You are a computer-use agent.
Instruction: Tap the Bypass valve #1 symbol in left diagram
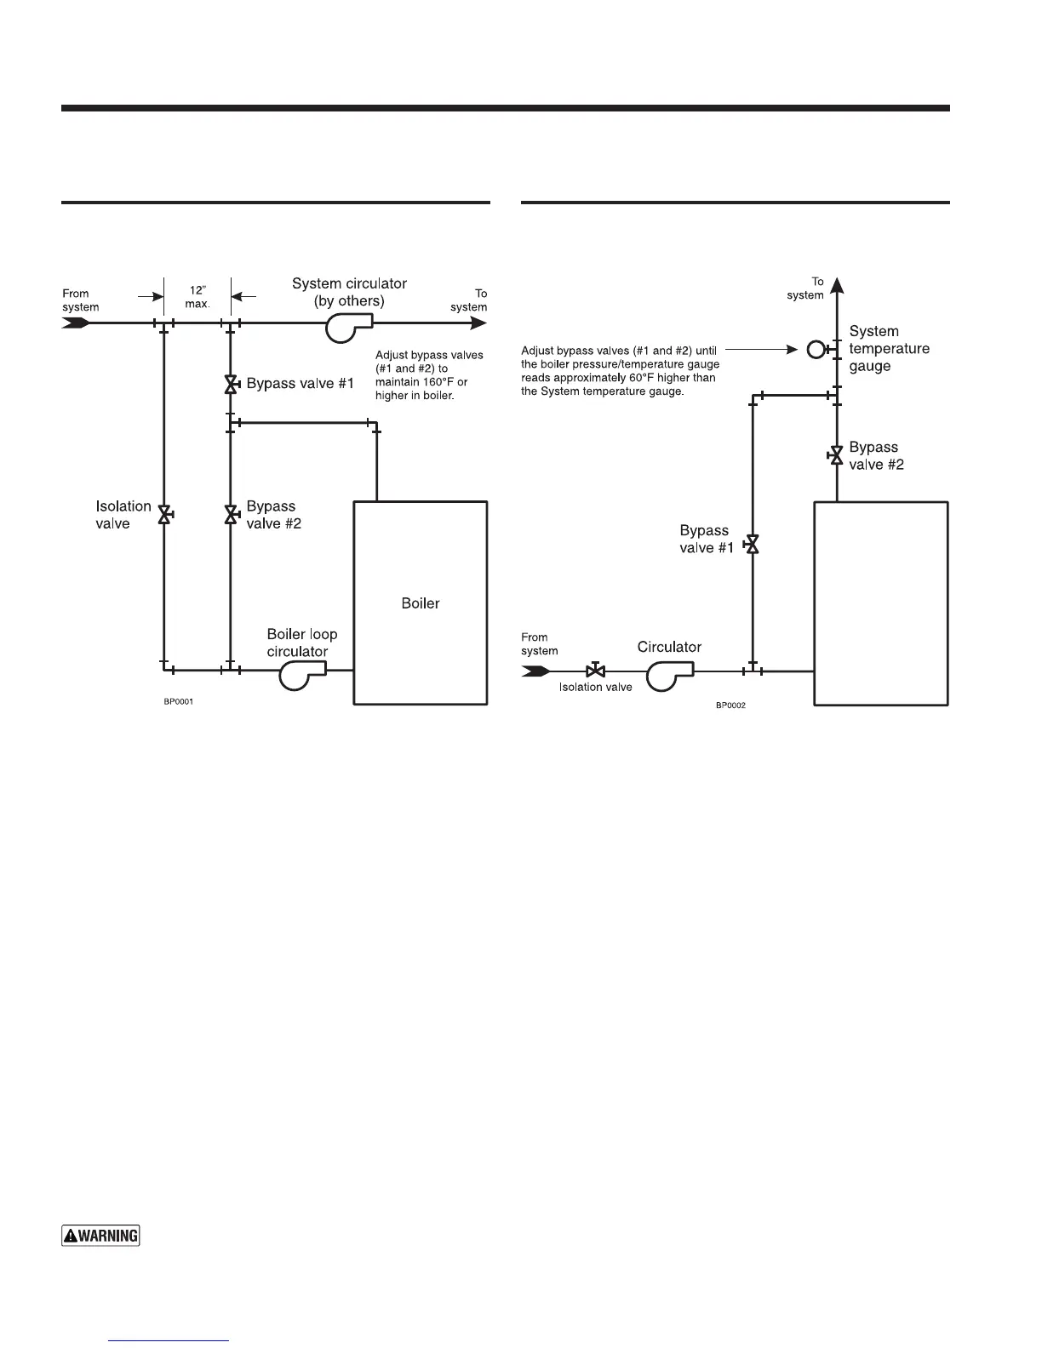coord(230,384)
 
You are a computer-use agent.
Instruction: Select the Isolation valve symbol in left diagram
coord(164,514)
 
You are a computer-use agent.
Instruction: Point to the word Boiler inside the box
coord(421,603)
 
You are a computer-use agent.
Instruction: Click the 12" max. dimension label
coord(197,297)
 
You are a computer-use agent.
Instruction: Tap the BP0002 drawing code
coord(730,705)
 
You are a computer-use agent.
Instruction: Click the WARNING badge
coord(100,1235)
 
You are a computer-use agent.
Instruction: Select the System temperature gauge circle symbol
coord(816,349)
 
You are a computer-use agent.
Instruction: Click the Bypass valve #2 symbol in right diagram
coord(837,456)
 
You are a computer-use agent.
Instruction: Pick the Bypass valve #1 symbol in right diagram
coord(753,544)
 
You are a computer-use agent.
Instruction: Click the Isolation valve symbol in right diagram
coord(596,671)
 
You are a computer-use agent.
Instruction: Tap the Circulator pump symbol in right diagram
coord(667,673)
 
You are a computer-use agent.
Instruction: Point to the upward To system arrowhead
coord(837,286)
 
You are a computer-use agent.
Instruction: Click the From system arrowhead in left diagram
coord(77,323)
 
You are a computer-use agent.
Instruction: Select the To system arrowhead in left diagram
coord(478,323)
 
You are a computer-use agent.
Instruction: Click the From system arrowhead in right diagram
coord(535,671)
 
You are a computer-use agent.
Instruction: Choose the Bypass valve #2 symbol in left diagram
coord(230,514)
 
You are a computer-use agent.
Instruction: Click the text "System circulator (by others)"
coord(349,292)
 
